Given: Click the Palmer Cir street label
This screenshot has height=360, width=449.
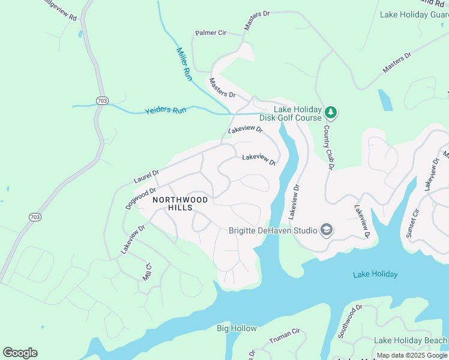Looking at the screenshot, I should tap(209, 33).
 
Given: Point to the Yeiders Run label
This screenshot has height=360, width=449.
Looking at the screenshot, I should tap(166, 111).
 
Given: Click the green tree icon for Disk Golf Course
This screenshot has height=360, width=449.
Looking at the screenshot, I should tap(330, 112).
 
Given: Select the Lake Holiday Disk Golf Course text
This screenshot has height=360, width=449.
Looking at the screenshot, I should tap(298, 113).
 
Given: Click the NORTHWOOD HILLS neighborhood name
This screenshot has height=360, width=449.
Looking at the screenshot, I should tap(180, 203).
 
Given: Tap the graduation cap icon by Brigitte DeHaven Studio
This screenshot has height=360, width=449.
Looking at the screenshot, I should tap(326, 230).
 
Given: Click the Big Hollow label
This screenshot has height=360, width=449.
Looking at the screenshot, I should tap(237, 328).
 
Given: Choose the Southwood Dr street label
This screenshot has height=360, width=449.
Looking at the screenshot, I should tap(350, 321).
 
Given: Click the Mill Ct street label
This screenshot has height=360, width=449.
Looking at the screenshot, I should tap(147, 272).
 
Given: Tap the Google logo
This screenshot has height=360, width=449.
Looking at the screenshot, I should tap(20, 353).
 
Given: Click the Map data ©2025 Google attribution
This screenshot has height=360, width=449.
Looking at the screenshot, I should tap(412, 355).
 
